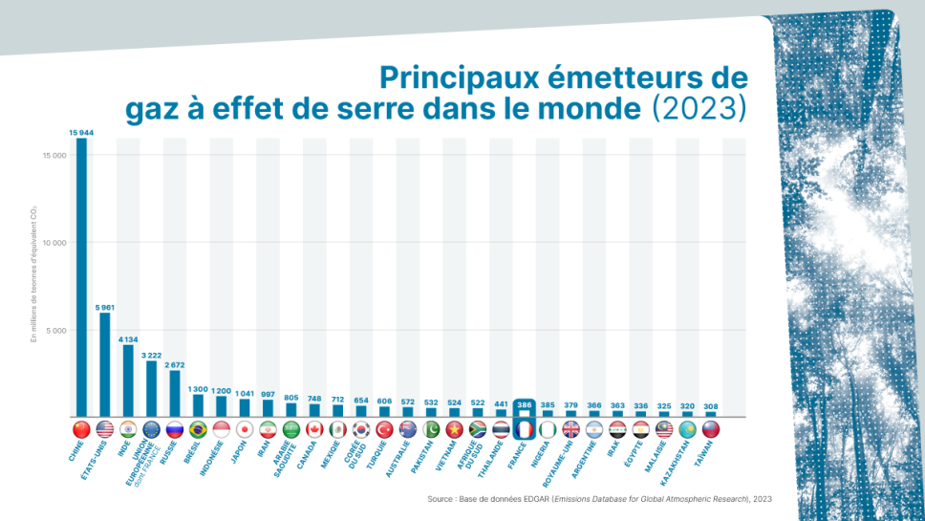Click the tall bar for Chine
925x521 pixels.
tap(81, 277)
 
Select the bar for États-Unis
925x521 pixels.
tap(105, 364)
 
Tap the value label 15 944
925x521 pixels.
tap(81, 132)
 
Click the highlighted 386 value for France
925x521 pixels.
tap(523, 405)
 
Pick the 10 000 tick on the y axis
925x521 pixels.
tap(53, 243)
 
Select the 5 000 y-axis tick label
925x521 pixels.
tap(54, 331)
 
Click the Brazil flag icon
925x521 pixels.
tap(198, 429)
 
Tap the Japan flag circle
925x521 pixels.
tap(245, 429)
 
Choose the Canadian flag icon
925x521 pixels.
tap(314, 429)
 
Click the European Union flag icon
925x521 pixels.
tap(151, 429)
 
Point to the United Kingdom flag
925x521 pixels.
tap(570, 429)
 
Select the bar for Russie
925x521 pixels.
tap(175, 393)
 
